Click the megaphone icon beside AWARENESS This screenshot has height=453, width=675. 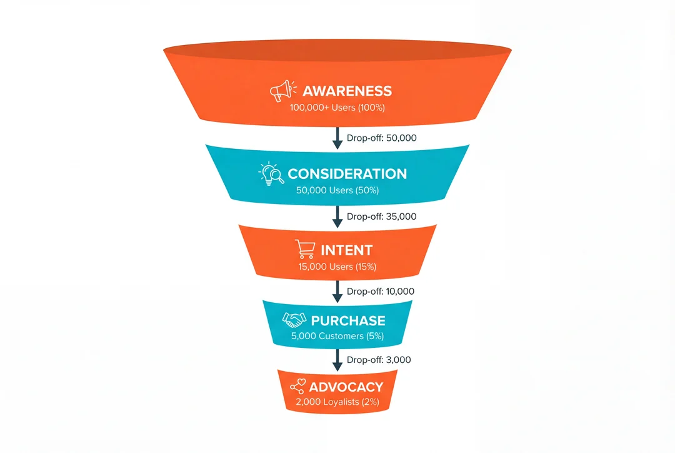click(281, 91)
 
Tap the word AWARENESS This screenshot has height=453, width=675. click(347, 91)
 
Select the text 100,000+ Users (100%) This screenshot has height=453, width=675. click(337, 108)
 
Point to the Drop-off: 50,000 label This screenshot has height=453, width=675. click(381, 138)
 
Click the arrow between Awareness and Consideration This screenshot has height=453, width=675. click(337, 138)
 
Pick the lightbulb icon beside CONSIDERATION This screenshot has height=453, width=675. click(271, 173)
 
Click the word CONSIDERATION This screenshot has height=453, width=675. click(347, 174)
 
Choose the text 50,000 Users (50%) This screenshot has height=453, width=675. click(337, 190)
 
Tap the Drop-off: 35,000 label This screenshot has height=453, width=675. click(381, 216)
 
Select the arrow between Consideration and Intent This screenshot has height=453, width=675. click(337, 216)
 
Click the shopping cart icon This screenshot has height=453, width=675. click(305, 250)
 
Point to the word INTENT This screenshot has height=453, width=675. click(346, 250)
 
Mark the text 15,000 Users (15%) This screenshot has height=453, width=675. click(337, 267)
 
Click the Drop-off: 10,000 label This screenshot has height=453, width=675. click(380, 292)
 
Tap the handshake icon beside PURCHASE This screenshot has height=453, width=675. click(294, 320)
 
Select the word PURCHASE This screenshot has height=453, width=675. click(348, 320)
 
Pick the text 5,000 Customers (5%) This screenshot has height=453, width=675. click(337, 336)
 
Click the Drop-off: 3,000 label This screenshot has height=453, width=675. click(379, 360)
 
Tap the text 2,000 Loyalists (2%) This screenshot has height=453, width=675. click(337, 402)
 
